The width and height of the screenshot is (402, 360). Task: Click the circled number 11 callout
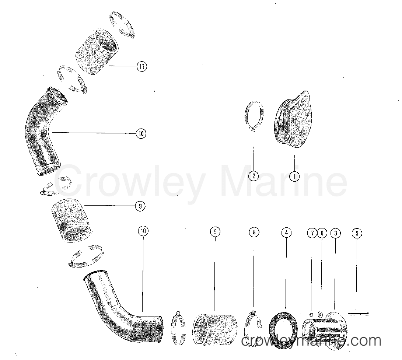141,67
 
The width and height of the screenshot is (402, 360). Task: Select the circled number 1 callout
294,176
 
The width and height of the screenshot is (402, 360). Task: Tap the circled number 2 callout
254,176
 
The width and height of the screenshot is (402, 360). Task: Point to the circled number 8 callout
254,232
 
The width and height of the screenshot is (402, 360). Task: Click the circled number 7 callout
312,233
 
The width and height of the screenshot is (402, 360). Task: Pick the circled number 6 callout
322,233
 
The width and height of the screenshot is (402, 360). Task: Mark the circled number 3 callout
335,233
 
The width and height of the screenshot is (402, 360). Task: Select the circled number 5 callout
356,233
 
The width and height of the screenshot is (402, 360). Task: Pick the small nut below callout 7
312,314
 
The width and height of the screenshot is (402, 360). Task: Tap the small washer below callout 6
320,314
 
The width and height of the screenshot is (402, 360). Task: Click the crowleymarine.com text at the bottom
311,341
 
